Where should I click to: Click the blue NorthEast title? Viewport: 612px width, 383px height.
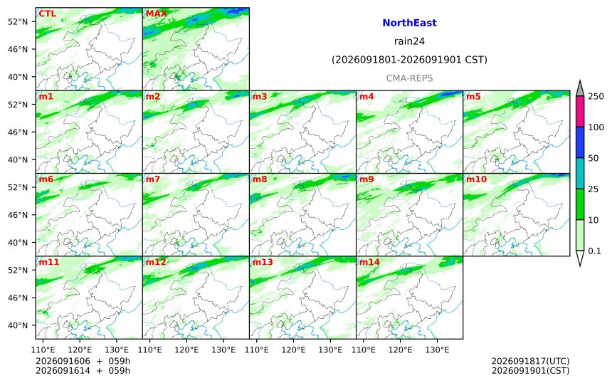(409, 23)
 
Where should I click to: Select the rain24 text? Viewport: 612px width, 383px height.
(409, 41)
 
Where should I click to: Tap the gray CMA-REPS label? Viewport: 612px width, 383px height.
(409, 78)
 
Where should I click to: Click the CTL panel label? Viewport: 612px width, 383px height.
(47, 14)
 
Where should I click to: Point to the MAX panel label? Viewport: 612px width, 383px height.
(156, 14)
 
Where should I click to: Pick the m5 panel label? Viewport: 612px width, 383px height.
(473, 96)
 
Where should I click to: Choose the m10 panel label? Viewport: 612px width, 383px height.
(477, 179)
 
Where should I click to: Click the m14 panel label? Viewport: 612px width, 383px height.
(369, 262)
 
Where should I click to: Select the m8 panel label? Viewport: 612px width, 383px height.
(260, 179)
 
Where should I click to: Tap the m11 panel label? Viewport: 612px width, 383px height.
(49, 262)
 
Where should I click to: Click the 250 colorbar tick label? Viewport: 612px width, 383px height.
(596, 96)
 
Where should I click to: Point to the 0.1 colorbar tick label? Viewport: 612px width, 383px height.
(594, 251)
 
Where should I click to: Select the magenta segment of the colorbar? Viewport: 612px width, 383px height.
(580, 111)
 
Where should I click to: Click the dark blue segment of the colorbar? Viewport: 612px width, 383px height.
(580, 142)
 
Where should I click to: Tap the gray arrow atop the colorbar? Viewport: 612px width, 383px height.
(580, 88)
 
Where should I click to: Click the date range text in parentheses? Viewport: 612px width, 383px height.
(409, 60)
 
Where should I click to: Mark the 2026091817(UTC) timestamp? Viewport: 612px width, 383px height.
(530, 361)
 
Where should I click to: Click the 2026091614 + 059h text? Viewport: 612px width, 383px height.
(83, 370)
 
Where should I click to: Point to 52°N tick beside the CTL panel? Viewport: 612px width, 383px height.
(18, 21)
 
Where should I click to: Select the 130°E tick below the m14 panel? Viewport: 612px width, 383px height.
(437, 350)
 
